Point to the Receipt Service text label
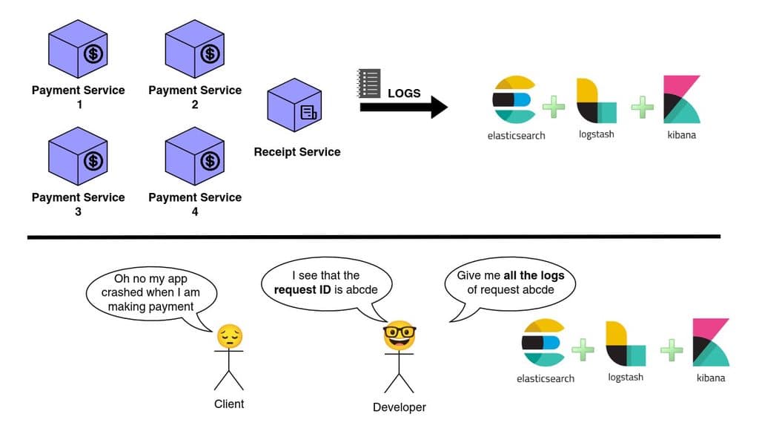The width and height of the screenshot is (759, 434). (297, 152)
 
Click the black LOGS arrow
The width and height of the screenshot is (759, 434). (404, 107)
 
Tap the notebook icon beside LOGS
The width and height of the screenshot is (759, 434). (368, 82)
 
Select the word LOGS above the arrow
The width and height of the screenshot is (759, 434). (404, 93)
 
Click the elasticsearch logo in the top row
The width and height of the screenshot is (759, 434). (514, 99)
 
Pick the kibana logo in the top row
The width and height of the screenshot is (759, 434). (682, 99)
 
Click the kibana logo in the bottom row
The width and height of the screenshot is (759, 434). (711, 342)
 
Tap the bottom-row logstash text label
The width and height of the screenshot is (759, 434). (626, 377)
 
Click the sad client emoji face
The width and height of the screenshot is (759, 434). (230, 337)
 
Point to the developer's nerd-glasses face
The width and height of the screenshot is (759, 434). (400, 337)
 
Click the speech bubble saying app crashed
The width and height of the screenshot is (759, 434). (150, 292)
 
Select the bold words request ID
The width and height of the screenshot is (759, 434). (302, 289)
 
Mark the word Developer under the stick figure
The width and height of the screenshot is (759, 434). (400, 407)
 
